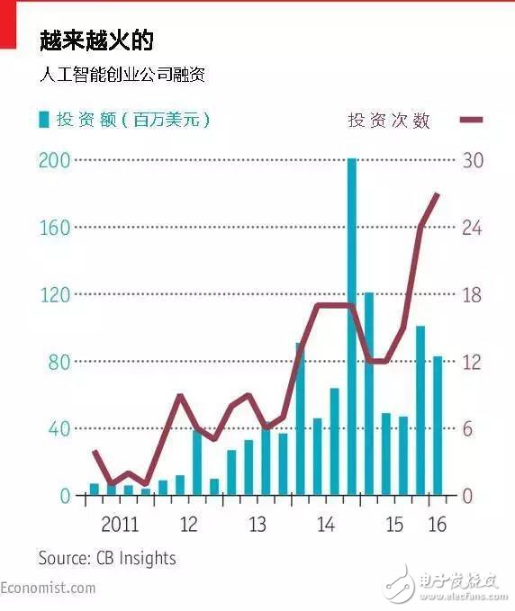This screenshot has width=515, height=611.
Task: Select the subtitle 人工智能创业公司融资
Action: (x=122, y=74)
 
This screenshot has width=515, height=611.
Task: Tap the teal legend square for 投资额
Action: (x=42, y=119)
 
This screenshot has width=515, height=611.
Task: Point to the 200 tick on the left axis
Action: (x=54, y=160)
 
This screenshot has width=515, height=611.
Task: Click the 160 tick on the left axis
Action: (x=54, y=228)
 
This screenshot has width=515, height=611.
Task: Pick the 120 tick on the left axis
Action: (x=54, y=295)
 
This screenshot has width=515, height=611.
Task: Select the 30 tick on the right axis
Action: (x=473, y=160)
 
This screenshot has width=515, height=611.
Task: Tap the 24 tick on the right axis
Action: (x=473, y=228)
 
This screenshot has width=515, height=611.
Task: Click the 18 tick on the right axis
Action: (x=473, y=295)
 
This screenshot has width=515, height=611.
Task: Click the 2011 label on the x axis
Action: (x=120, y=524)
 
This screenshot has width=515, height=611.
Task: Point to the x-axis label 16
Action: (x=437, y=524)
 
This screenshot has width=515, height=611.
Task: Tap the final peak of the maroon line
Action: (x=438, y=193)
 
